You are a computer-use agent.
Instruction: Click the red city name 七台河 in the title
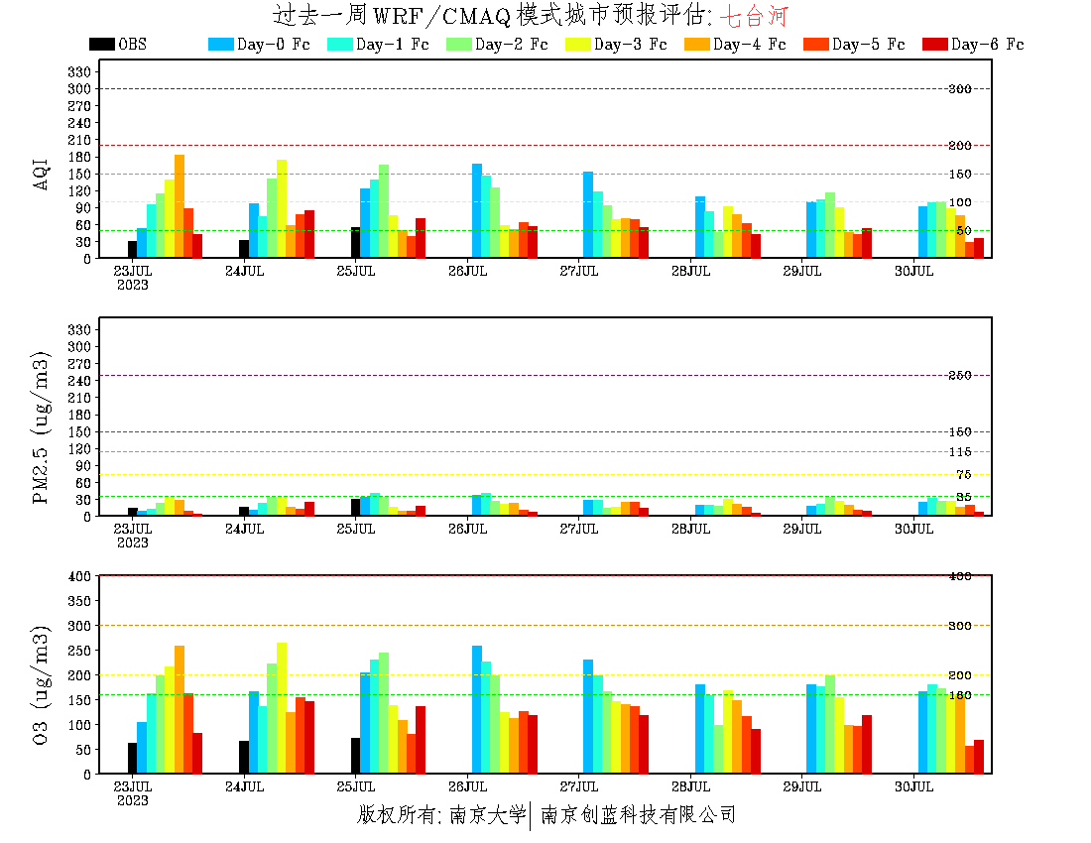[x=754, y=15]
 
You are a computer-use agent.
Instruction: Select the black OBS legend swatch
[x=101, y=45]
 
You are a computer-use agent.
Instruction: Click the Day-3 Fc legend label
[x=630, y=45]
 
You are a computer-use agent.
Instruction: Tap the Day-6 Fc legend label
[x=987, y=45]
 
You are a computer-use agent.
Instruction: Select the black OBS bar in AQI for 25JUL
[x=356, y=243]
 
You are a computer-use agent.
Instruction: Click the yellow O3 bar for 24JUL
[x=282, y=708]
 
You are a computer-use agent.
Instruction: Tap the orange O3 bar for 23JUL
[x=180, y=709]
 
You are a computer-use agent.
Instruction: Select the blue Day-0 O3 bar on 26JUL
[x=477, y=709]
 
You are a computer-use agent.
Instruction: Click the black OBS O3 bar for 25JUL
[x=356, y=756]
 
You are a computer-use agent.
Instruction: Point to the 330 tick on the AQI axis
[x=79, y=71]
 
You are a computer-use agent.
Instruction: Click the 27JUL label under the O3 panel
[x=579, y=786]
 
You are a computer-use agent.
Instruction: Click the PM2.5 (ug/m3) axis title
[x=42, y=426]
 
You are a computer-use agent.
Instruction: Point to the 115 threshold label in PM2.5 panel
[x=959, y=453]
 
